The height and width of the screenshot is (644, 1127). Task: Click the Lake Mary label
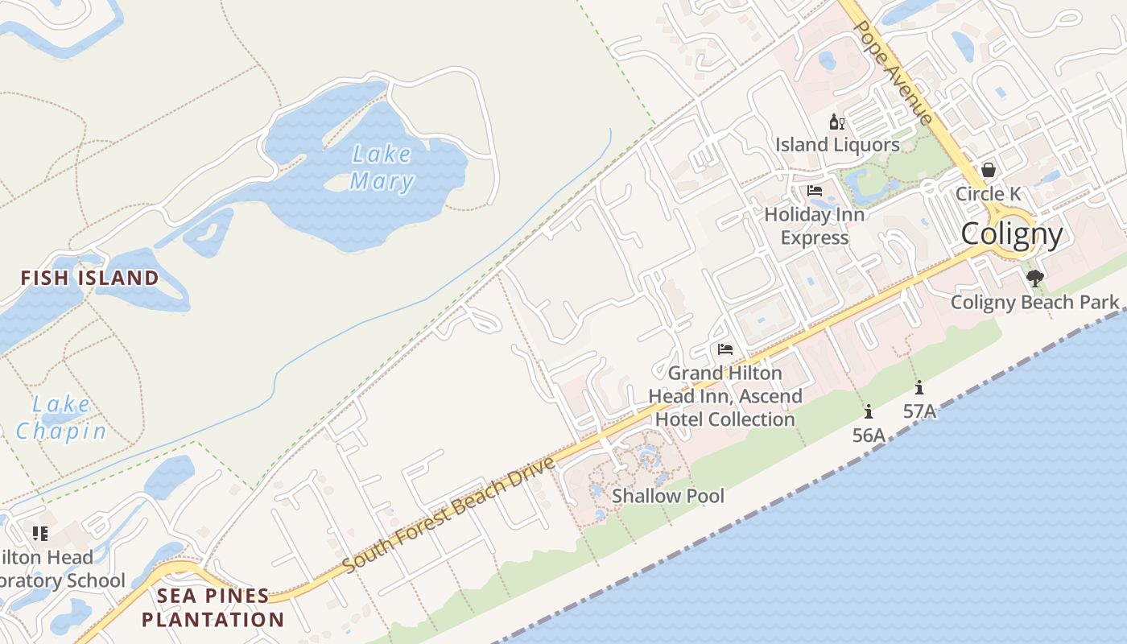382,167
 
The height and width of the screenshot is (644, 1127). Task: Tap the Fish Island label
89,279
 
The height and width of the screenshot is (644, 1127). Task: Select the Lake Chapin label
61,418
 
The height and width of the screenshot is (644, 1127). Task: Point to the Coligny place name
1012,233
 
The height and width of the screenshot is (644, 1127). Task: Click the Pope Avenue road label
893,72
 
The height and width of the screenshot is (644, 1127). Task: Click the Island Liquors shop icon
836,122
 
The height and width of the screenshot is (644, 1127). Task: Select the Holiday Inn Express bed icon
815,192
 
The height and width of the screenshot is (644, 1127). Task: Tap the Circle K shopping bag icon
988,171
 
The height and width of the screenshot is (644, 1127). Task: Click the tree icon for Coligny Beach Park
1035,279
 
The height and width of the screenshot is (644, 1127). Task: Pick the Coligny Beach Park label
1035,303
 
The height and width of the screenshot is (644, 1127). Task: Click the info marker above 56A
869,412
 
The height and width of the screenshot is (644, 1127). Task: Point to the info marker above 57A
919,387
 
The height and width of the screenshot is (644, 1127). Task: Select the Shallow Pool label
668,496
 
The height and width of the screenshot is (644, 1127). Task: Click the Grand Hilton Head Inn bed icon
725,349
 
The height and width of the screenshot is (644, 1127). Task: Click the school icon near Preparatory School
40,533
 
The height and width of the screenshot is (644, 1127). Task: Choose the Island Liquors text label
837,145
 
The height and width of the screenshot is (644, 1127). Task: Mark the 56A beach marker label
869,436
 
